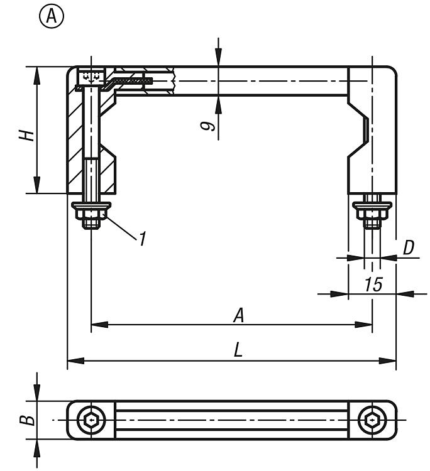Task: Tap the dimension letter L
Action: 238,350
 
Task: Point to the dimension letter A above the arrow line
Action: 238,315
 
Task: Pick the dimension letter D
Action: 409,247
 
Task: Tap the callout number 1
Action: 143,238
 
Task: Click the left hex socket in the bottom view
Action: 91,420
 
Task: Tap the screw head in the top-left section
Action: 91,77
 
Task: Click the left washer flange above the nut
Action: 92,205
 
